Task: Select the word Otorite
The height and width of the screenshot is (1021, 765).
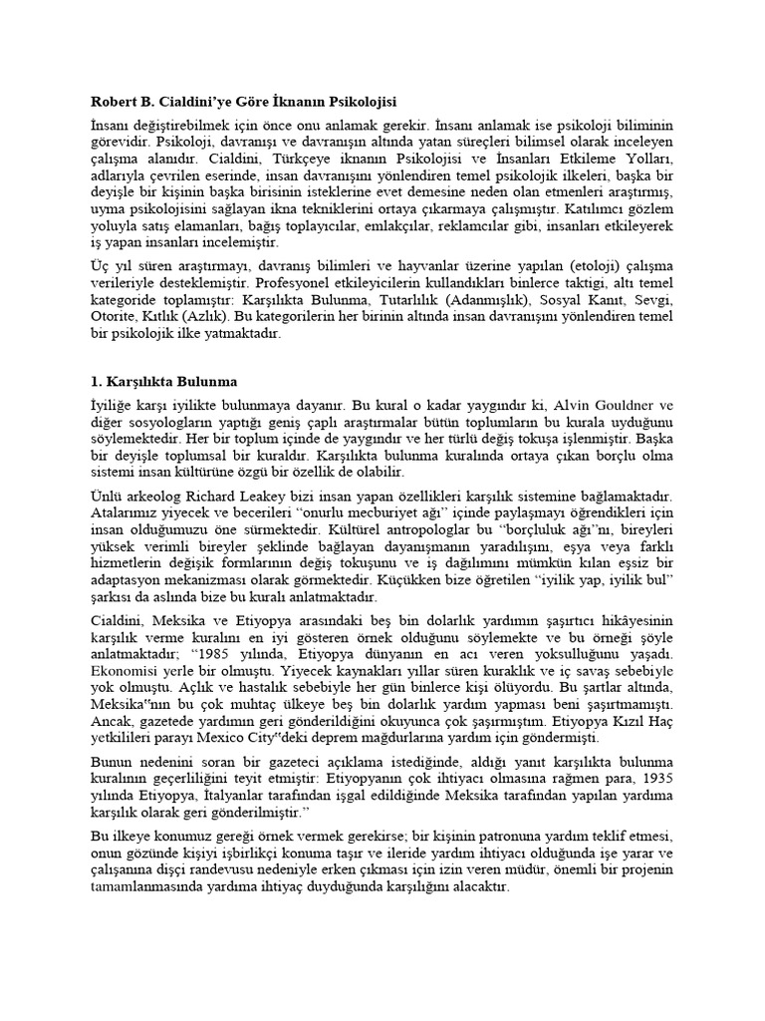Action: click(x=110, y=317)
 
